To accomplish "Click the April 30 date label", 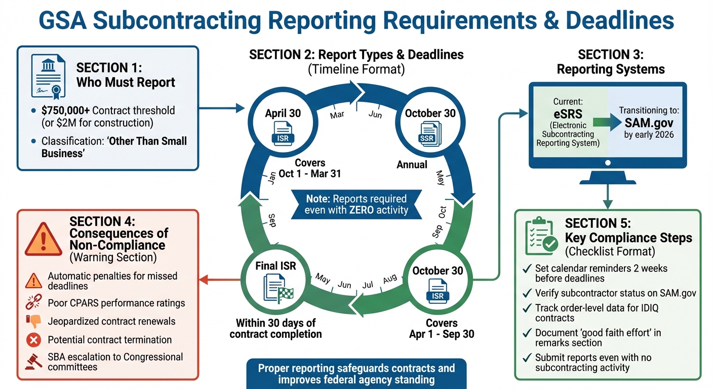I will coord(283,113).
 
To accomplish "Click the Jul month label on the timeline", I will coord(368,285).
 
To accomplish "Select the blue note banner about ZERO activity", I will coord(356,204).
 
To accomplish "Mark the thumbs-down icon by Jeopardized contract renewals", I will coord(33,321).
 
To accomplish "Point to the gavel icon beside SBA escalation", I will coord(33,361).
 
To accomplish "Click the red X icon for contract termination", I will coord(33,340).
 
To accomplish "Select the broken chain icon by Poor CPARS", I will coord(33,303).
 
